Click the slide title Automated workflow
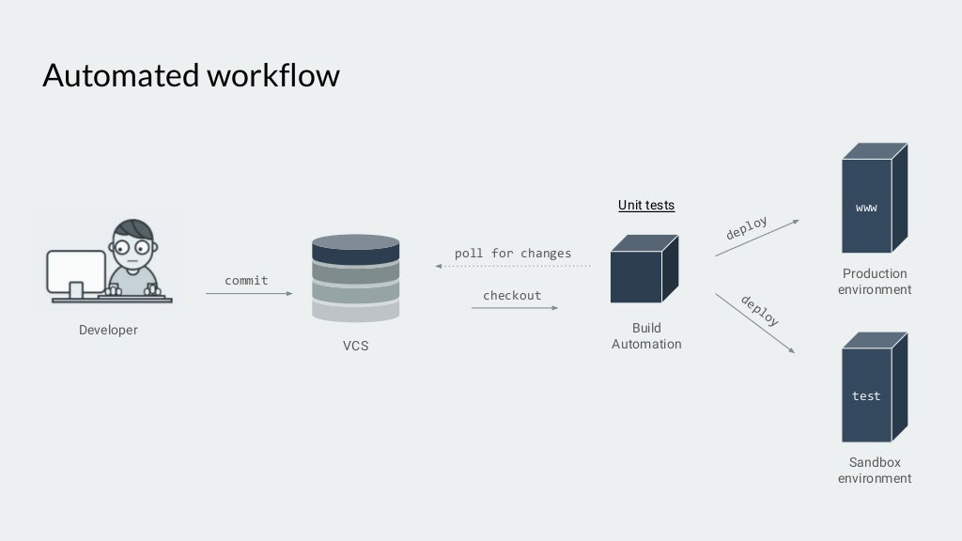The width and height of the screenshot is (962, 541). [191, 75]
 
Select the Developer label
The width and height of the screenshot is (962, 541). [108, 330]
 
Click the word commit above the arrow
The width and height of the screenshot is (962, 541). [246, 281]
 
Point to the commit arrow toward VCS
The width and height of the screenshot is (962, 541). [249, 294]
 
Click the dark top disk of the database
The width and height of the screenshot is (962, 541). [355, 250]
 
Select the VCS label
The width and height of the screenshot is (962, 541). [355, 346]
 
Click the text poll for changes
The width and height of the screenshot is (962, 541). [513, 254]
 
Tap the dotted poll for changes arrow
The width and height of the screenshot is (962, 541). [513, 267]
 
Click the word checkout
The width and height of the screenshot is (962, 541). [512, 296]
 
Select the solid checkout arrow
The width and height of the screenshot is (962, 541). [514, 308]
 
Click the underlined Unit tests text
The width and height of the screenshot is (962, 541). [646, 205]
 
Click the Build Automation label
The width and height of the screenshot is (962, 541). [646, 336]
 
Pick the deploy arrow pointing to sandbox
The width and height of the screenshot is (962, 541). [755, 323]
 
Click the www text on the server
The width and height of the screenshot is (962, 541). [866, 208]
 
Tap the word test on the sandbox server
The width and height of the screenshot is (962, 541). [866, 396]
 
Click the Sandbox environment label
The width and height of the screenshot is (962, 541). [875, 471]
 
